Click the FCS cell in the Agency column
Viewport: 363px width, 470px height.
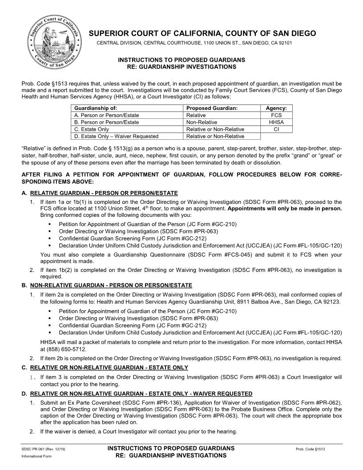tap(276, 115)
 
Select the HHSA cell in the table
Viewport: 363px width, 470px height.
tap(276, 122)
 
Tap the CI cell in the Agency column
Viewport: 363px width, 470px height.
tap(276, 129)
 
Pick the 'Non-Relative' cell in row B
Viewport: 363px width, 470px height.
tap(202, 122)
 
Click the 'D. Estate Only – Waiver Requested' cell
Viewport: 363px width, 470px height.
tap(116, 136)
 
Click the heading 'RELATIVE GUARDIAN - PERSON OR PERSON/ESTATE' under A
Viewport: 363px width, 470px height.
tap(104, 193)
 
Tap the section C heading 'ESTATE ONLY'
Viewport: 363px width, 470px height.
tap(109, 367)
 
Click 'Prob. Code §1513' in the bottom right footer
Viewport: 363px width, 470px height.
tap(310, 449)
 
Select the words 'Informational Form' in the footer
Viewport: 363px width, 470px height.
tap(34, 456)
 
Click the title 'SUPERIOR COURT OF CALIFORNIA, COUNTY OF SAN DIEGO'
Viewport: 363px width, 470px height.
tap(202, 33)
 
